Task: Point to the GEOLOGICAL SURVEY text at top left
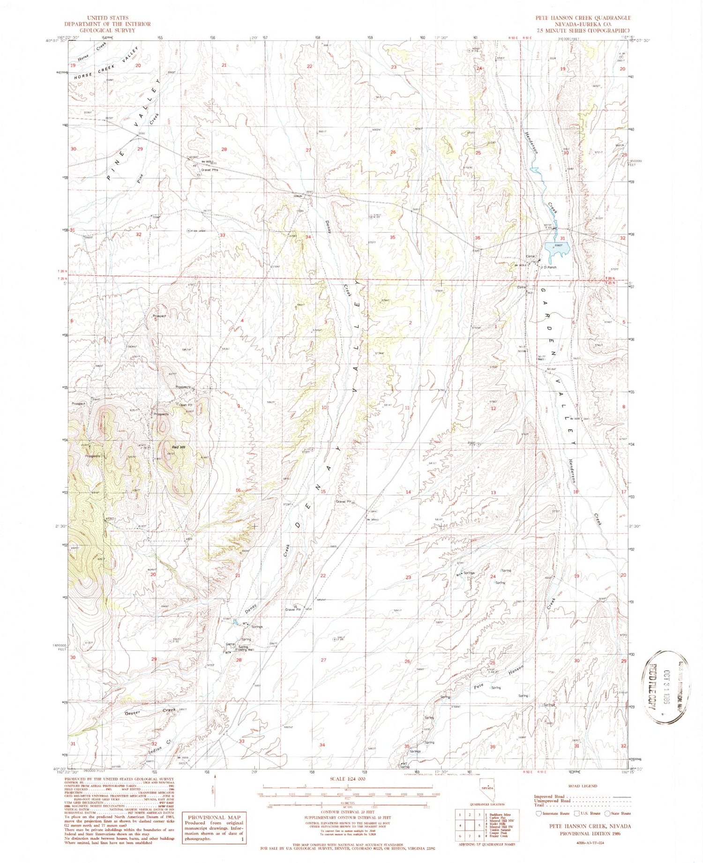click(108, 30)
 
